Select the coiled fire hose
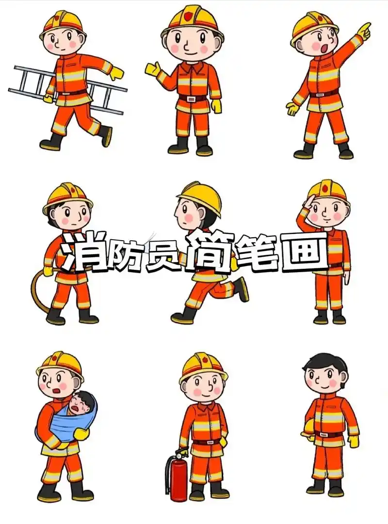(x=39, y=291)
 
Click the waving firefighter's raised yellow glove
(x=152, y=68)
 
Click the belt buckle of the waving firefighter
(x=193, y=98)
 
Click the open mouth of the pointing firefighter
(x=315, y=46)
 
